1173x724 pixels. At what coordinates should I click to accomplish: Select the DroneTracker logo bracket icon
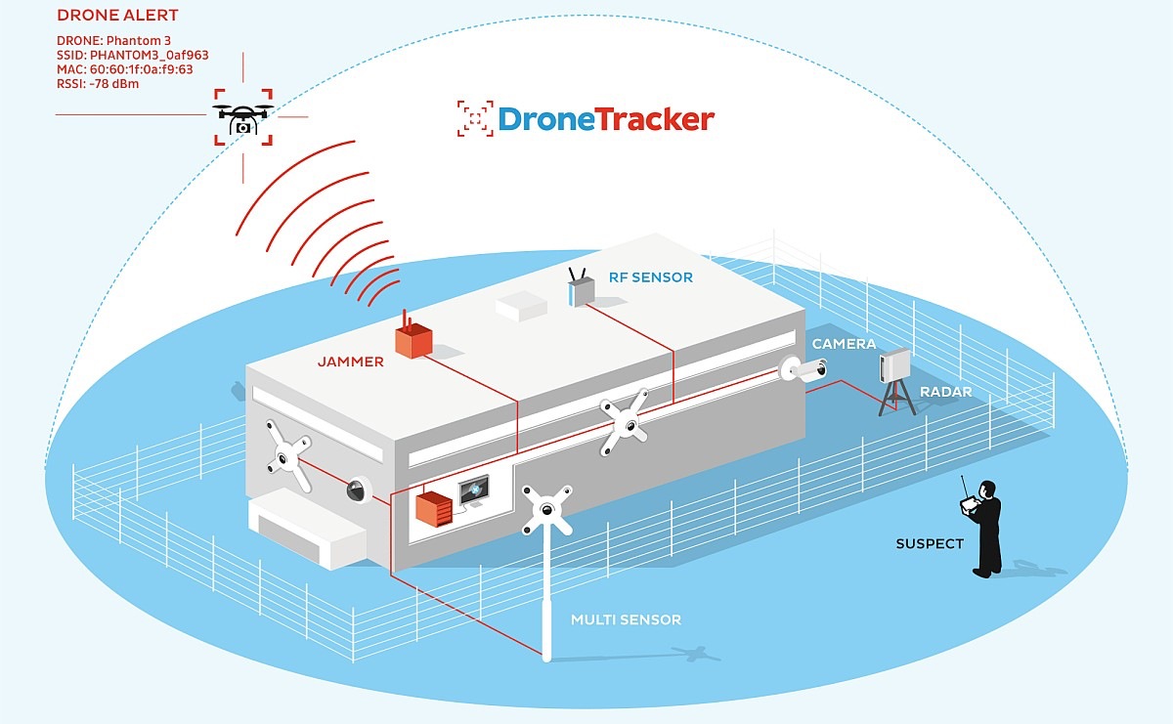coord(474,118)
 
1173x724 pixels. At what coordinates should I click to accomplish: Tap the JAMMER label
coord(350,362)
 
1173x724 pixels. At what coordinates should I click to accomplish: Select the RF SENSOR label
coord(649,277)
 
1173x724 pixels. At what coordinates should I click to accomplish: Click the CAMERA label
coord(844,344)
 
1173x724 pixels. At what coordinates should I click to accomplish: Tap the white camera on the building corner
coord(804,369)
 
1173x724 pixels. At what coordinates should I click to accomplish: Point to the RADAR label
coord(945,392)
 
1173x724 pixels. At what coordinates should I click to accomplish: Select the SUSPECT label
coord(930,543)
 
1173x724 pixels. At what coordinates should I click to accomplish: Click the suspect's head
coord(987,488)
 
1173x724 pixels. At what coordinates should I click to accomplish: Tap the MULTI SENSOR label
coord(626,619)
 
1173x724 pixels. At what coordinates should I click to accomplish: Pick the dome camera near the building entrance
coord(356,490)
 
